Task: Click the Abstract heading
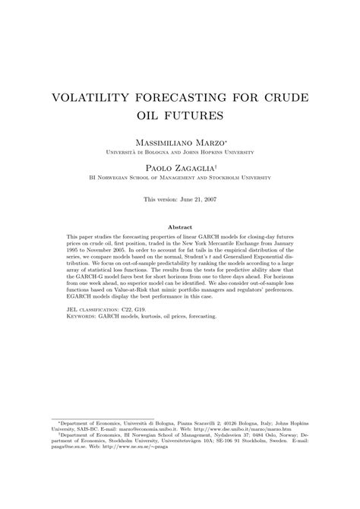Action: tap(180, 227)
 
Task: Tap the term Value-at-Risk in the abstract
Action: tap(141, 292)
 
